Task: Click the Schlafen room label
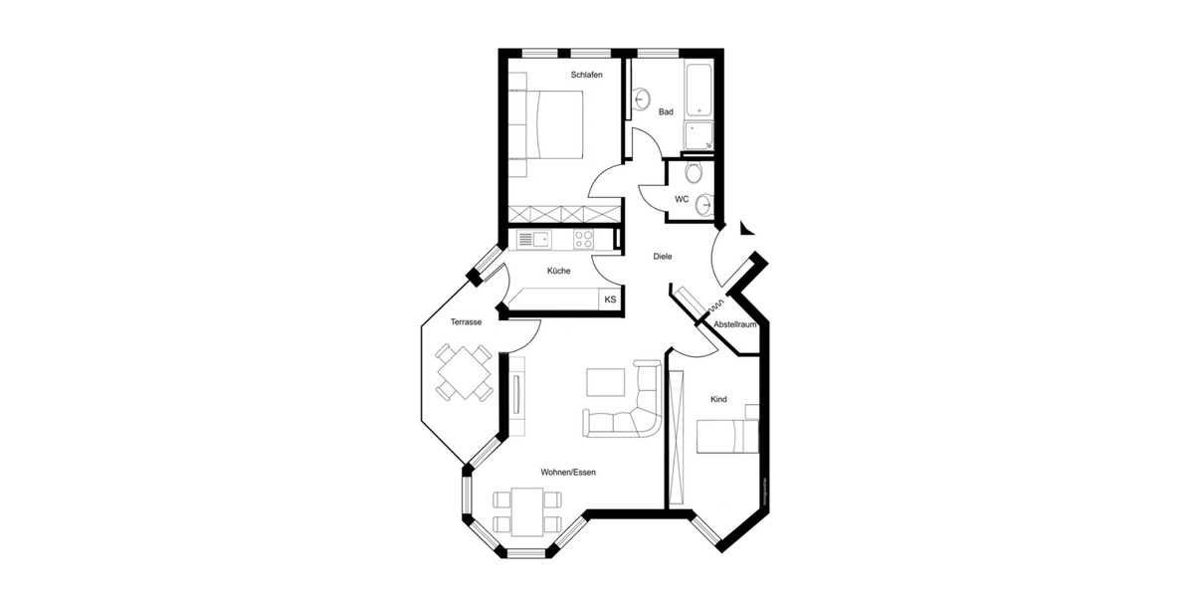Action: coord(586,75)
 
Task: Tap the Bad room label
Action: coord(666,112)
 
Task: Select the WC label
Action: coord(682,199)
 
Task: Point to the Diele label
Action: coord(663,257)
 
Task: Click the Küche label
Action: coord(558,271)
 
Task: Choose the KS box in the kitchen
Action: coord(610,298)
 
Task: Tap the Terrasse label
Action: coord(466,322)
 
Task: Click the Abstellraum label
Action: coord(736,324)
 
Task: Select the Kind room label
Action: coord(717,399)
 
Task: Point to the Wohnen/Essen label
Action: coord(568,472)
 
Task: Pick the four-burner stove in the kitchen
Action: coord(584,239)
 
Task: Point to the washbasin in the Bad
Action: coord(642,99)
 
